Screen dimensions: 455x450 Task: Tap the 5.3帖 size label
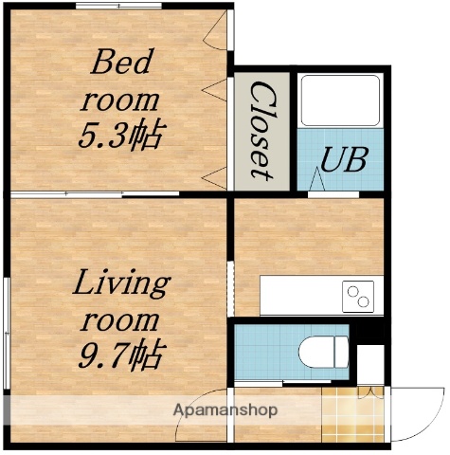[x=119, y=134]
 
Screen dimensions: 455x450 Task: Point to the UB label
[x=342, y=158]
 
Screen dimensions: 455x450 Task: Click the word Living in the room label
[x=121, y=282]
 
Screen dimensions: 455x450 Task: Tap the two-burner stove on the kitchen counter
[x=359, y=296]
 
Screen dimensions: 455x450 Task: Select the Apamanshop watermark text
[x=225, y=410]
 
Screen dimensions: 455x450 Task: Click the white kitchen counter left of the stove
[x=298, y=296]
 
